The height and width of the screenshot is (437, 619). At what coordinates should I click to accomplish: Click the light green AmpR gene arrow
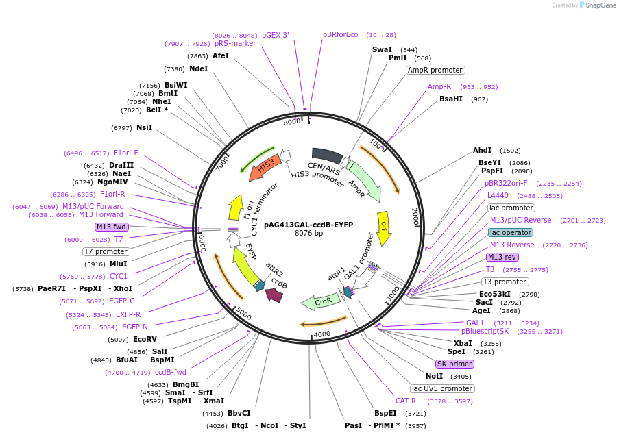click(x=363, y=182)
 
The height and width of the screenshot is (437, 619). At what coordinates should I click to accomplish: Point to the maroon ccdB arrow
click(x=274, y=294)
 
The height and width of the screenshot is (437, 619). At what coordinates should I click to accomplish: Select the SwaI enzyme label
click(x=382, y=49)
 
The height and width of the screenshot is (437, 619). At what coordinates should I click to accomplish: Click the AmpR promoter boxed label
click(x=435, y=70)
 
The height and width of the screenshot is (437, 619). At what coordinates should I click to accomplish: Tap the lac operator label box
click(x=510, y=232)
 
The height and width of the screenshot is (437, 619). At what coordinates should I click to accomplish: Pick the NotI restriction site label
click(x=434, y=376)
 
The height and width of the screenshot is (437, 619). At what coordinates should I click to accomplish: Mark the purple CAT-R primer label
click(x=405, y=401)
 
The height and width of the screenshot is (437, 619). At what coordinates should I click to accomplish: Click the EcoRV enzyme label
click(x=145, y=339)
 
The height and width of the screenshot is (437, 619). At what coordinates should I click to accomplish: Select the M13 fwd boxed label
click(x=112, y=227)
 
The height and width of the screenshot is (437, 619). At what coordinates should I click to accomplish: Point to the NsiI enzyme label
click(x=144, y=127)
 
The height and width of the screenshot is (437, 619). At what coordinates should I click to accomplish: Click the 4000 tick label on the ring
click(x=322, y=334)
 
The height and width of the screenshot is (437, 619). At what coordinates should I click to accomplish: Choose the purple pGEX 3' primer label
click(x=276, y=35)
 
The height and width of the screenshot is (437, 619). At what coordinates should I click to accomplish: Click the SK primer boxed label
click(x=454, y=364)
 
